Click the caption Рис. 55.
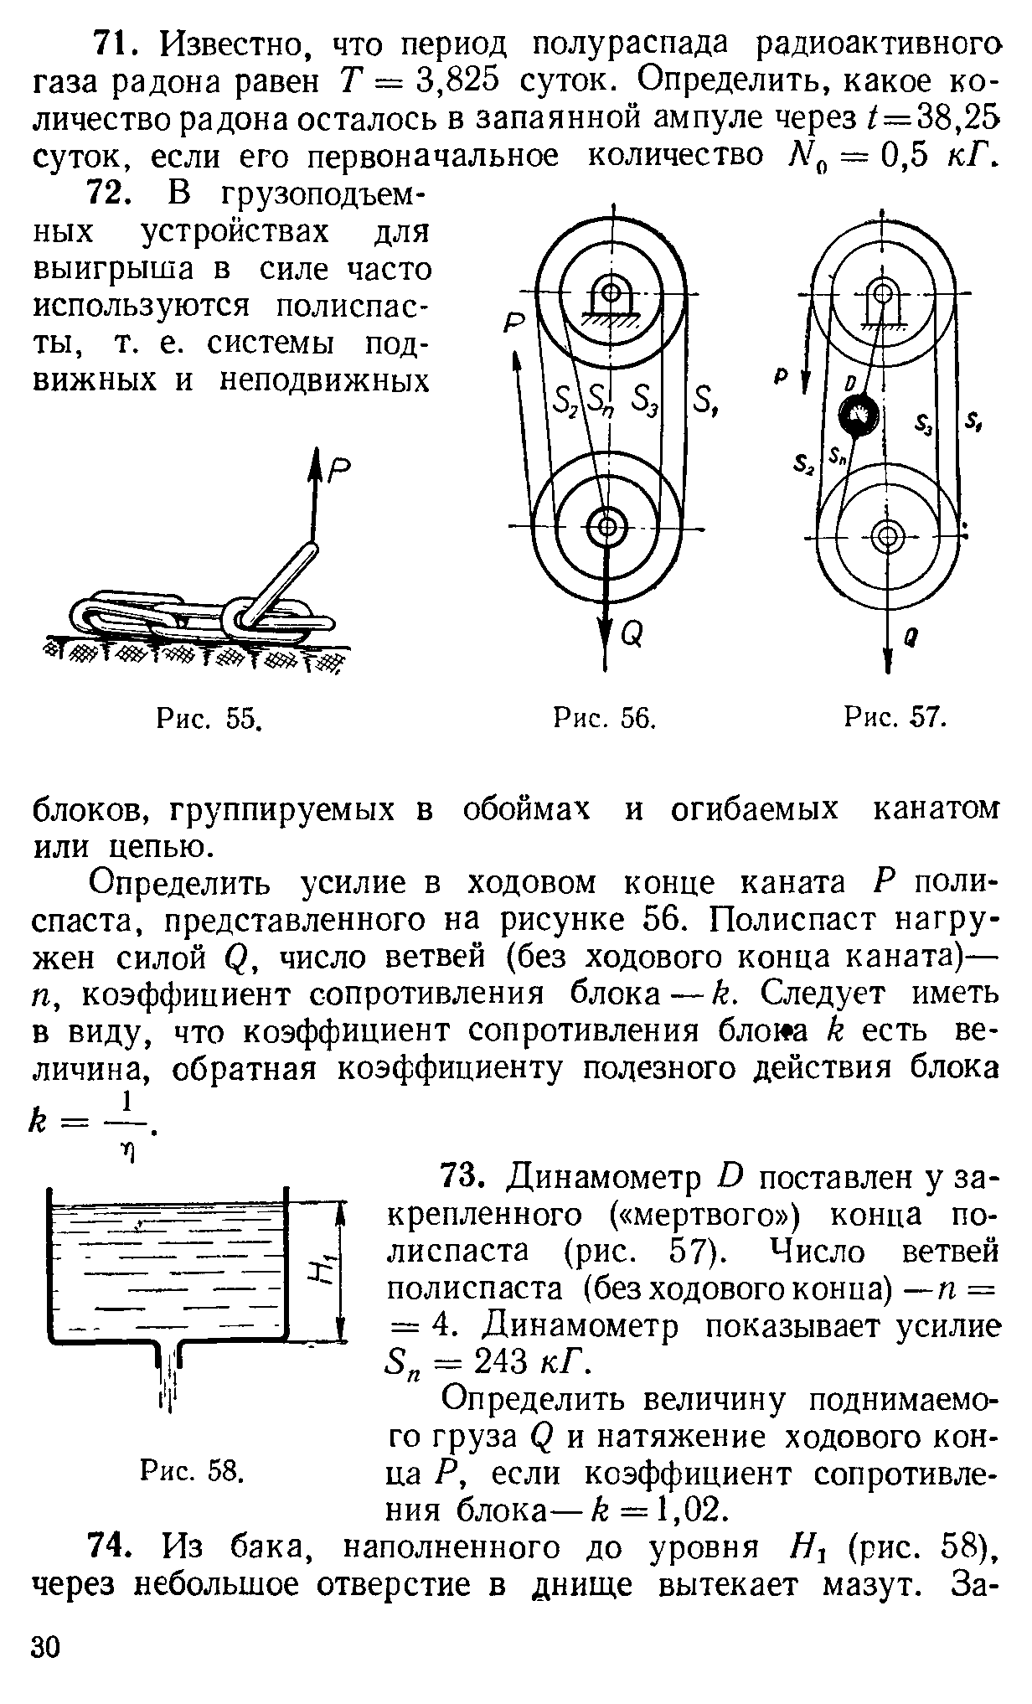point(210,718)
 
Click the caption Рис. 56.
point(604,718)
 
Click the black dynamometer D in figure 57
point(859,414)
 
